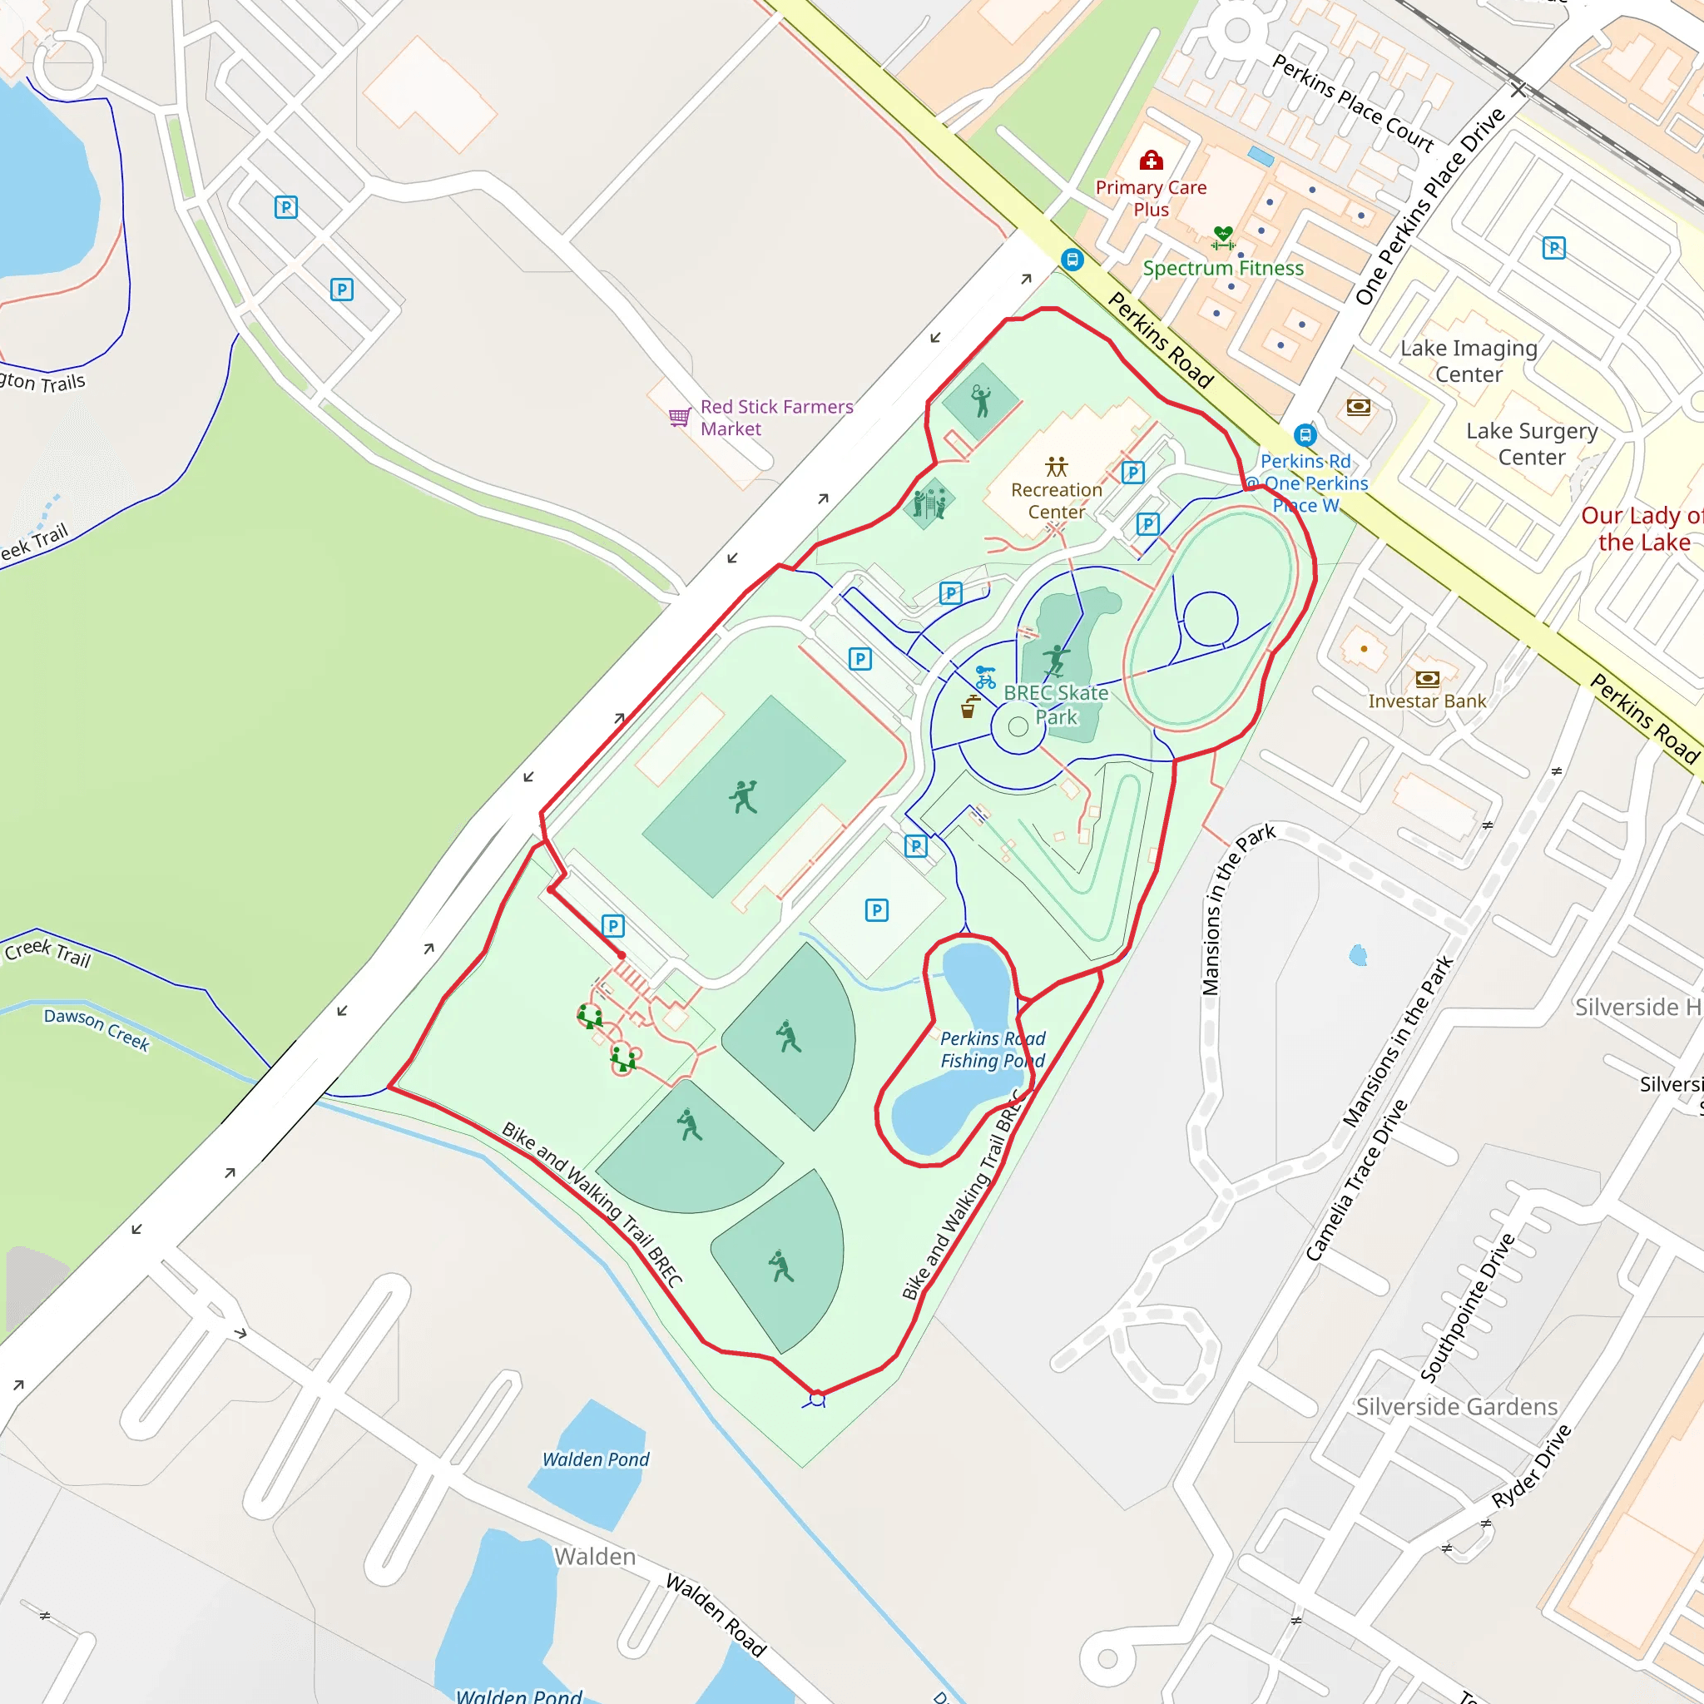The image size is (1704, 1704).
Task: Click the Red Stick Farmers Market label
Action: click(776, 417)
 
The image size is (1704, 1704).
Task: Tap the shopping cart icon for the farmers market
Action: click(678, 416)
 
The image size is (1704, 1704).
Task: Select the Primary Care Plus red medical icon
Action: click(1151, 160)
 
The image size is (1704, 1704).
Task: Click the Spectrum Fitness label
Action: click(1222, 268)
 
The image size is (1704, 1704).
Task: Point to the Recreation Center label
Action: click(1056, 500)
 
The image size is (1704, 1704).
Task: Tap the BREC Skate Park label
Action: click(1056, 705)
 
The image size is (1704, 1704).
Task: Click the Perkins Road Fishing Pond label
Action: click(993, 1049)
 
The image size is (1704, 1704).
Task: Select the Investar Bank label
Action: click(1426, 701)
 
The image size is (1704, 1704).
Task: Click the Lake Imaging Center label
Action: click(1469, 361)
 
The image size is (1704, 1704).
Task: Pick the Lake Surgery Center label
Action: click(1531, 443)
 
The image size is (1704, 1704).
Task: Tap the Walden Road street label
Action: click(716, 1614)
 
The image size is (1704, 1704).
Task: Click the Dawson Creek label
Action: click(97, 1029)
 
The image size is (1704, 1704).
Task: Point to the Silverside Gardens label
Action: click(1456, 1407)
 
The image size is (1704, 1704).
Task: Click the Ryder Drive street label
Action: click(1531, 1467)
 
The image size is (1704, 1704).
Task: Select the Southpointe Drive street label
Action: click(1467, 1307)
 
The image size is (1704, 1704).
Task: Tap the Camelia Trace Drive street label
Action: click(1355, 1180)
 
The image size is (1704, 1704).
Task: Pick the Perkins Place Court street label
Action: click(1353, 102)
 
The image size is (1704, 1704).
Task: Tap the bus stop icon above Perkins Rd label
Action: click(1305, 435)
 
